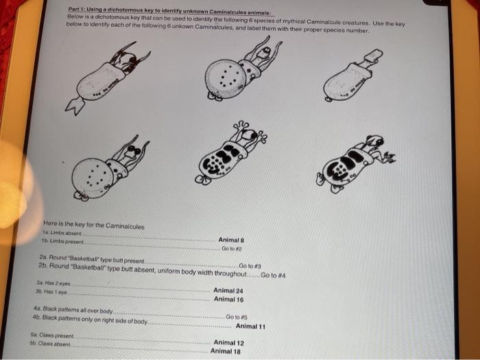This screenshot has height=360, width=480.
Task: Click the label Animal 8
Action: (x=228, y=240)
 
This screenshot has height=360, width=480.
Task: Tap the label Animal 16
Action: (x=228, y=299)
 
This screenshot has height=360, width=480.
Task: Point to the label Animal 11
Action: (x=250, y=326)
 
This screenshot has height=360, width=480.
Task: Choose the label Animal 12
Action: (x=228, y=342)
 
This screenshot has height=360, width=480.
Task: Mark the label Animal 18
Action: (x=226, y=351)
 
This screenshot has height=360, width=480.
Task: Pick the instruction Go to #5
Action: (x=237, y=317)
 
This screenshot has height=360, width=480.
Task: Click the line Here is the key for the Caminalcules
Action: (x=93, y=225)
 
